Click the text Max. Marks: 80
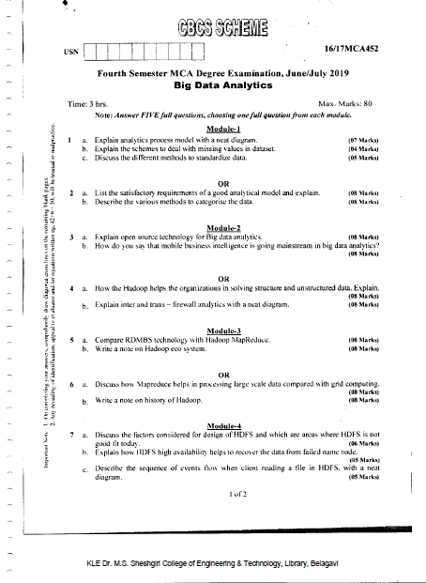pyautogui.click(x=346, y=101)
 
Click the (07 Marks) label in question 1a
pyautogui.click(x=363, y=140)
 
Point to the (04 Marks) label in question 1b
pyautogui.click(x=363, y=148)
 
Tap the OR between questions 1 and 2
pyautogui.click(x=224, y=183)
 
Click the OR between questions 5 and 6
pyautogui.click(x=224, y=375)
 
